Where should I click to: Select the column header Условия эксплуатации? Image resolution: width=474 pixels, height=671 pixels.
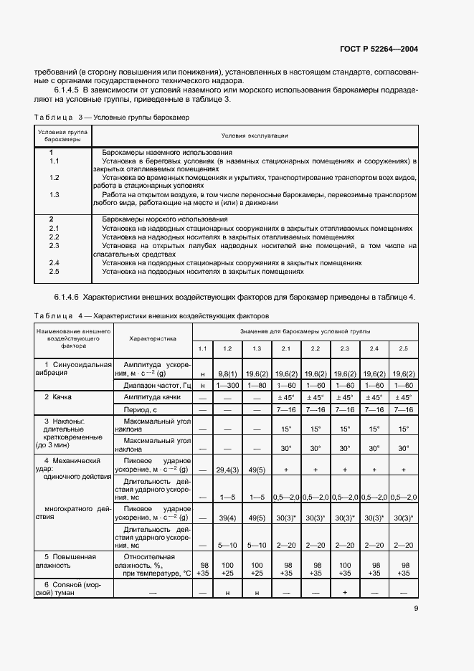[x=255, y=135]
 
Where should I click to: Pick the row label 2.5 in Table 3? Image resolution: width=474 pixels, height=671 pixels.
[x=53, y=272]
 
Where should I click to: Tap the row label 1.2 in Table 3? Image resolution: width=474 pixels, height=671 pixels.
[x=53, y=177]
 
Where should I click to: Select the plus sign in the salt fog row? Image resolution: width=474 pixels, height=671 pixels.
[x=344, y=594]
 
